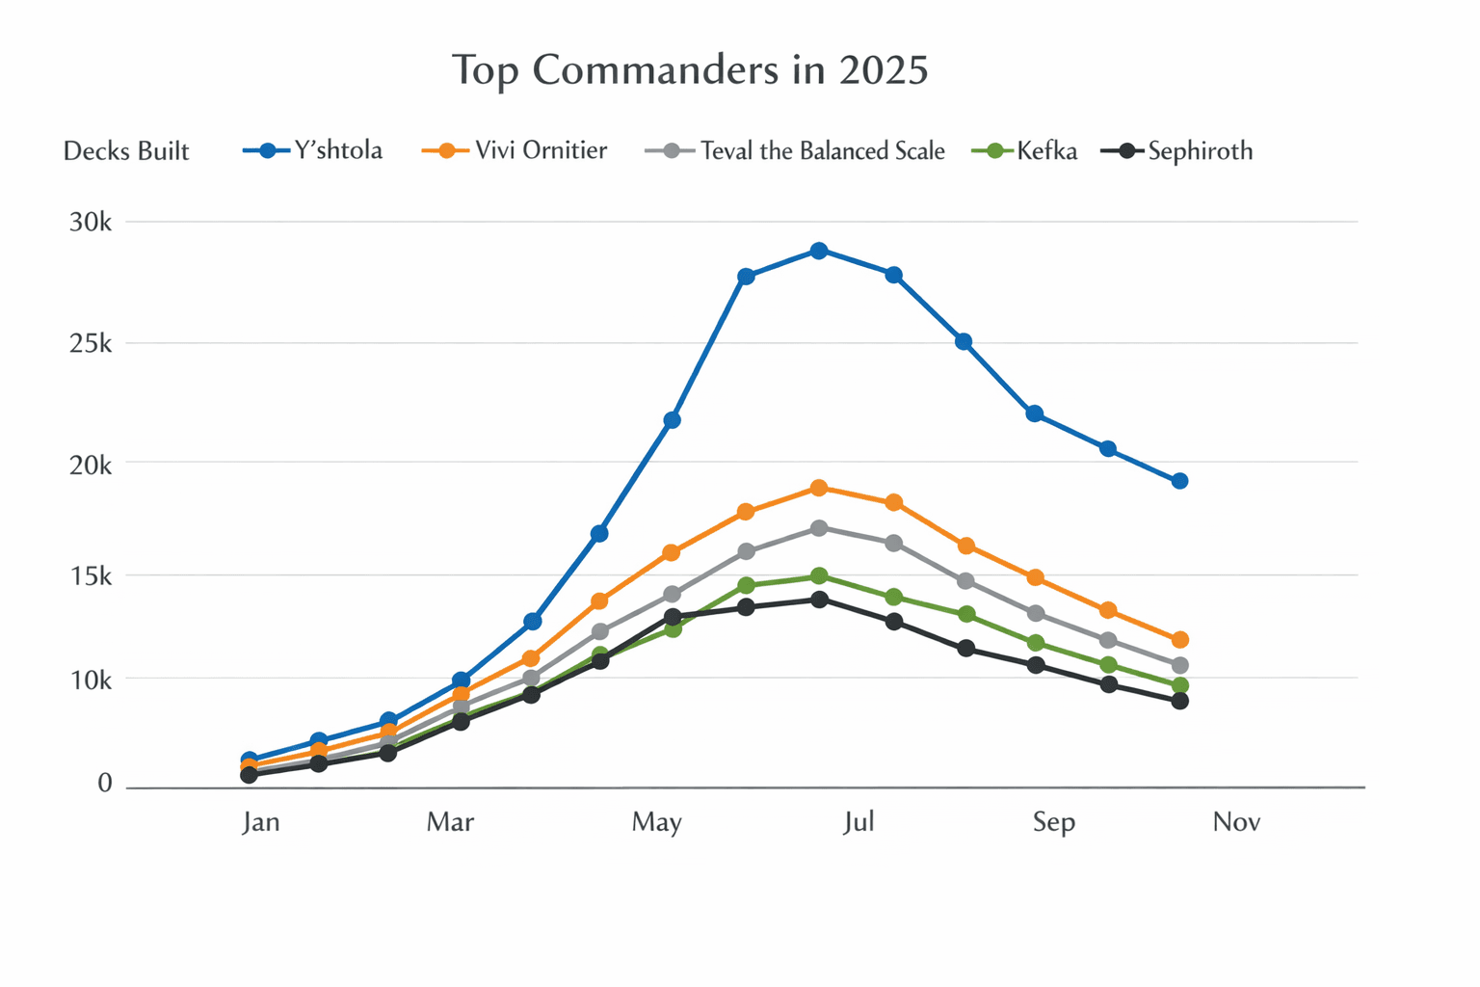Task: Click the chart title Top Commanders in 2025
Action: [690, 70]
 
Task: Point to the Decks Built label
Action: [126, 151]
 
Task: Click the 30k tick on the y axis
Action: [91, 223]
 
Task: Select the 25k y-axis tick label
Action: [91, 343]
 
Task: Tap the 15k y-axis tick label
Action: [91, 576]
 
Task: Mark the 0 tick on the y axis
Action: [104, 784]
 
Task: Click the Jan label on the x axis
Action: [261, 822]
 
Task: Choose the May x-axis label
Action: [657, 822]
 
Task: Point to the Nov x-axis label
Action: [1236, 822]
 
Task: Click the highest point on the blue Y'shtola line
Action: [819, 251]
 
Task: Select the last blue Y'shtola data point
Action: [1179, 481]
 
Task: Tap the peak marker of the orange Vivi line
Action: [819, 488]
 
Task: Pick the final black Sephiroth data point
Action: [1179, 701]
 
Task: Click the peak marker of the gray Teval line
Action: [819, 528]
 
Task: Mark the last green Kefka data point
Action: [1179, 685]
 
